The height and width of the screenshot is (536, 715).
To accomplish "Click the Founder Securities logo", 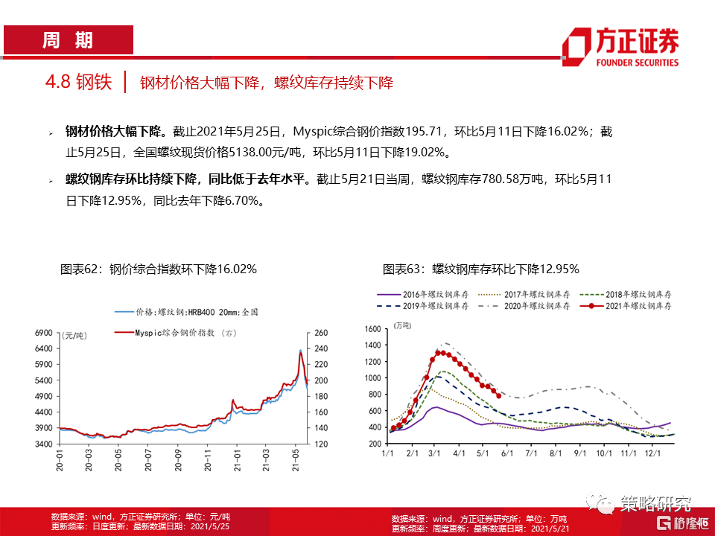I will coord(620,47).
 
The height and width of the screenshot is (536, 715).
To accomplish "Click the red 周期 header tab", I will coord(68,40).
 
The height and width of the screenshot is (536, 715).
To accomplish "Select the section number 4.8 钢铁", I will coord(78,82).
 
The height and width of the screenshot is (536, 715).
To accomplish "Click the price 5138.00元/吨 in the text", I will coord(254,153).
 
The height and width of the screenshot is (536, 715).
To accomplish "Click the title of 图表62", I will coord(158,269).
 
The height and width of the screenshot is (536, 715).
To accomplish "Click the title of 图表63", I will coord(480,269).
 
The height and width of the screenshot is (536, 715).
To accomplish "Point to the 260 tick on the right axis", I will coord(321,333).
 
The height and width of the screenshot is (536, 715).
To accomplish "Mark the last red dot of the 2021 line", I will coord(498,395).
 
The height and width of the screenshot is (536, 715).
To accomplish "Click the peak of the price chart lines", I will coord(300,350).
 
